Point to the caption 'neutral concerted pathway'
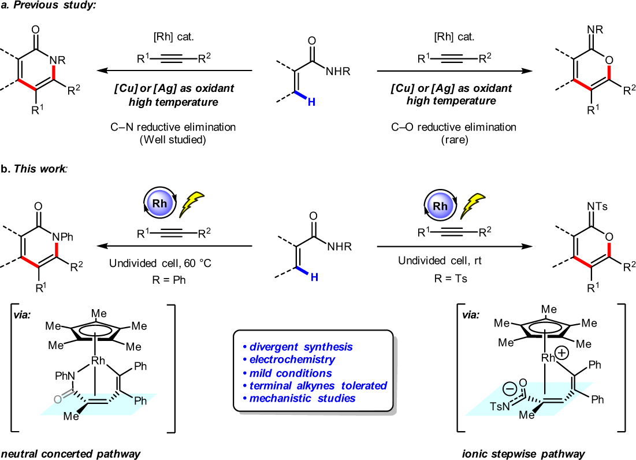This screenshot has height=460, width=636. point(70,454)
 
